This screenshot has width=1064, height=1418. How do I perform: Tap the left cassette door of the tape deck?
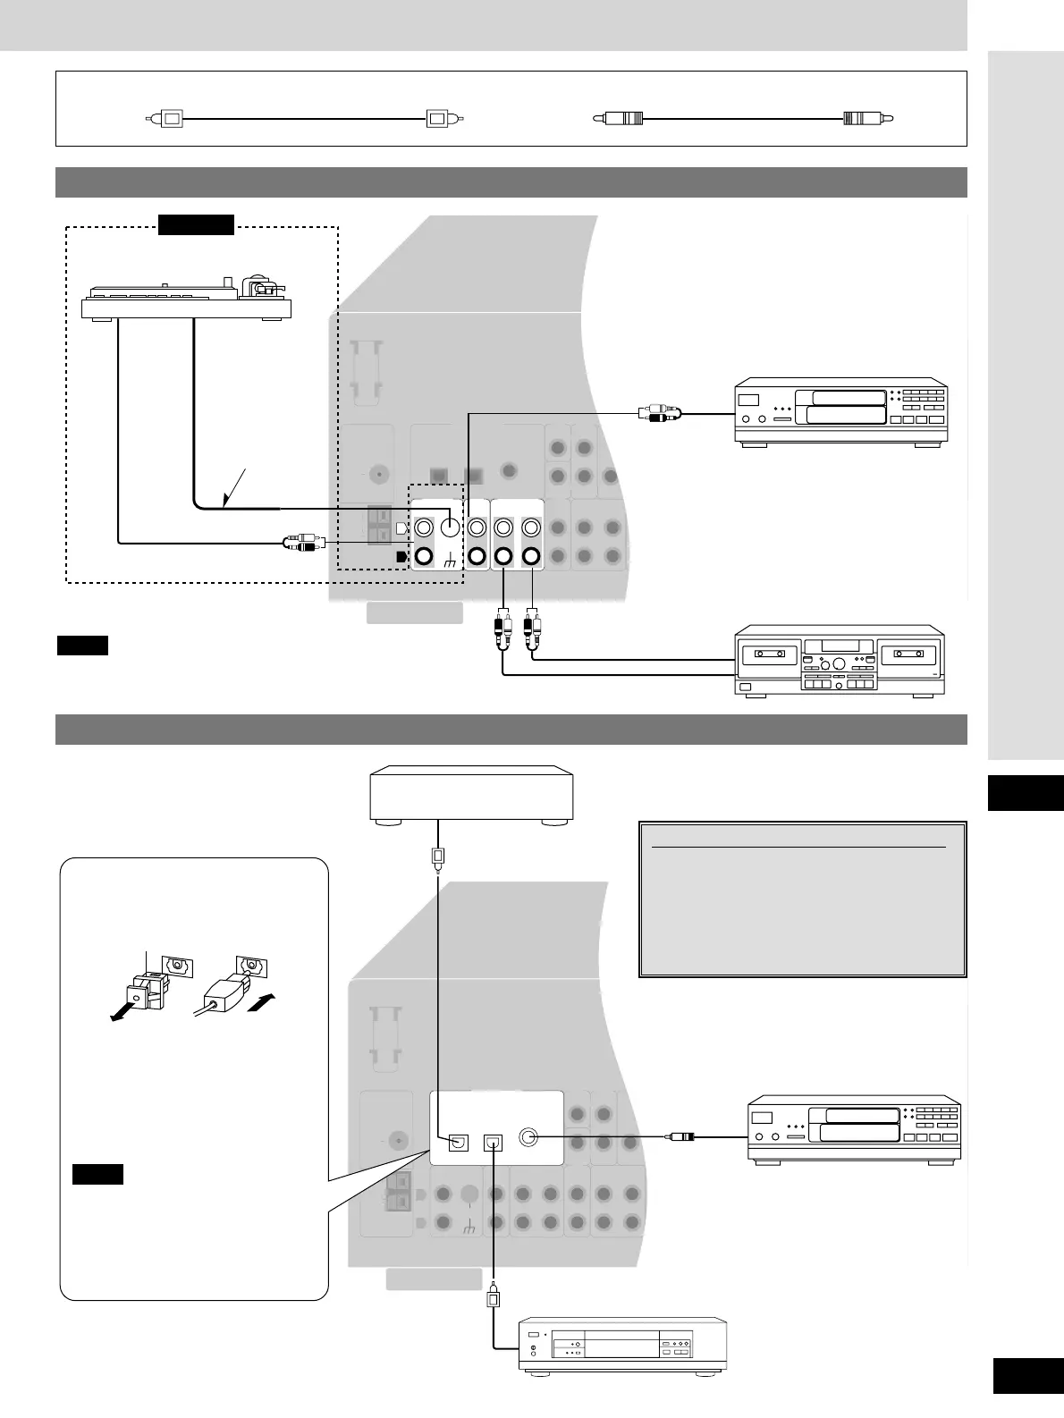click(x=768, y=654)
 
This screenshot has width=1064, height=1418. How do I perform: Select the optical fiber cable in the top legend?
click(x=304, y=118)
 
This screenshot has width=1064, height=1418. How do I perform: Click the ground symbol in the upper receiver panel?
click(x=448, y=558)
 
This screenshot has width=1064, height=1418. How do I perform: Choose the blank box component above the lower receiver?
click(x=471, y=792)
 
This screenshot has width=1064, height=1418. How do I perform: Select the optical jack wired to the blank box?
click(x=459, y=1142)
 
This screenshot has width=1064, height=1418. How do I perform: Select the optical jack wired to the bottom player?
click(x=494, y=1142)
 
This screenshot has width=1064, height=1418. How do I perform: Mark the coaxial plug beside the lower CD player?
click(x=679, y=1137)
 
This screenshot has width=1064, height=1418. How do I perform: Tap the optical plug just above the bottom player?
click(x=493, y=1298)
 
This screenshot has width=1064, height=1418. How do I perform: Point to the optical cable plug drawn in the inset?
click(x=224, y=992)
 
